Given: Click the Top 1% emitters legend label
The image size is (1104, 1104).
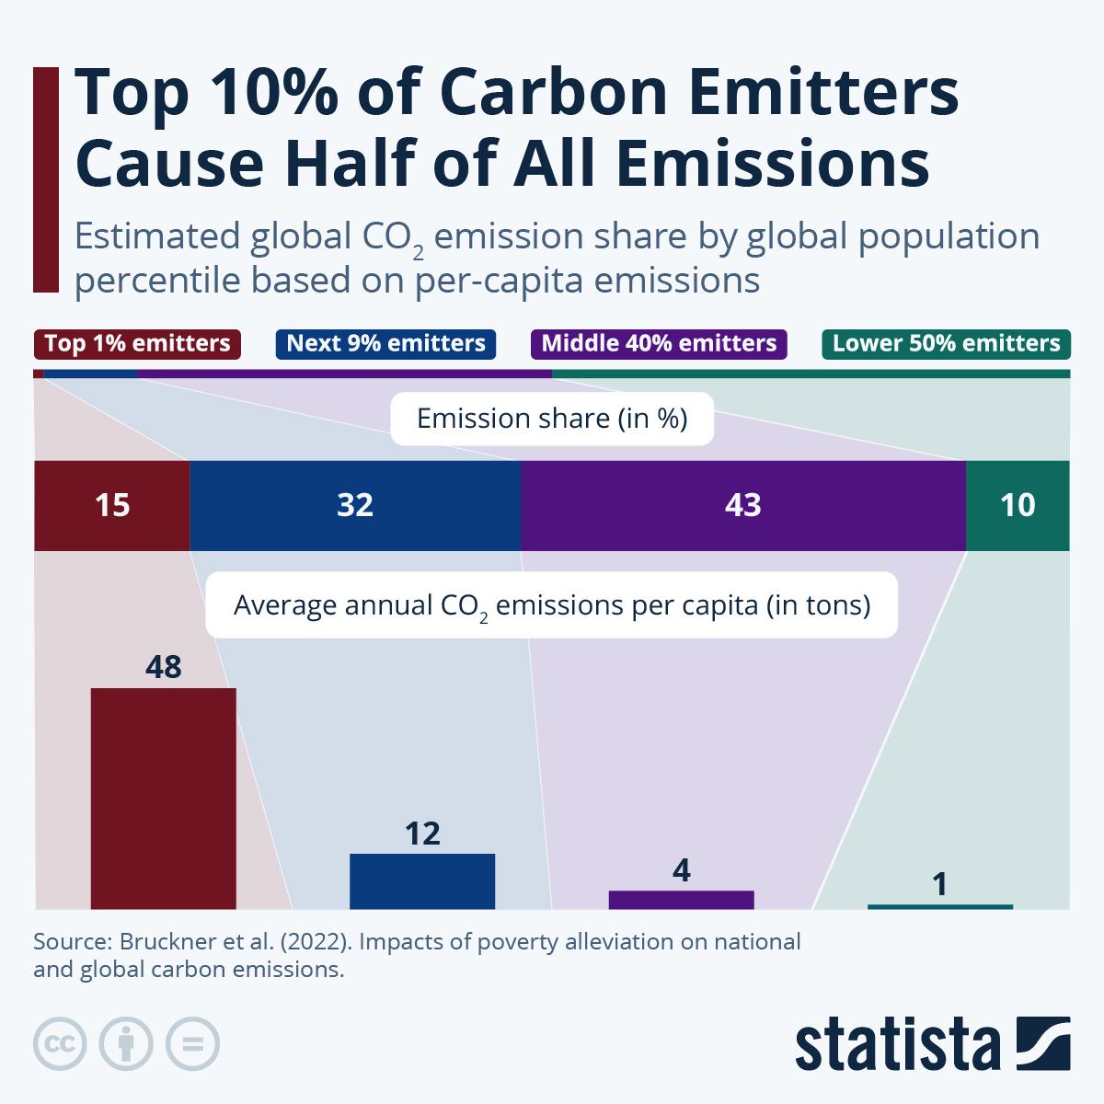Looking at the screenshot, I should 137,344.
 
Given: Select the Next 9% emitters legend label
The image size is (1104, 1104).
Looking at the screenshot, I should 385,344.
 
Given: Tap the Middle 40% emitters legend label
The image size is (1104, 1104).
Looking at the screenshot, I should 659,344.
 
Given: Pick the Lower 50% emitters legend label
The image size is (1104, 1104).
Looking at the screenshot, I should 946,344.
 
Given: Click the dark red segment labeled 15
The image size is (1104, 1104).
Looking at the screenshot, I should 111,505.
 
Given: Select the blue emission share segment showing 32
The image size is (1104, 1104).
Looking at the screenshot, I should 355,505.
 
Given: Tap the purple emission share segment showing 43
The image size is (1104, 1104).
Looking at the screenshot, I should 743,505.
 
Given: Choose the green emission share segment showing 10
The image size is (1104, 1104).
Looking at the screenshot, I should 1018,505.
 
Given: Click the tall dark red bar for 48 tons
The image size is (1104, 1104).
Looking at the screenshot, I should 163,798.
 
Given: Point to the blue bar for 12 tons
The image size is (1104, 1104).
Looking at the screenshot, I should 422,880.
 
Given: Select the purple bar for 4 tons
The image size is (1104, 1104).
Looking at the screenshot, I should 681,899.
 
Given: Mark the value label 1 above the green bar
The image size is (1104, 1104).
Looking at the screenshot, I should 939,885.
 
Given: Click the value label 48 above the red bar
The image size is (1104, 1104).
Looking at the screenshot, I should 163,667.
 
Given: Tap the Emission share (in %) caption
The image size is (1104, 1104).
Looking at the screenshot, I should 552,420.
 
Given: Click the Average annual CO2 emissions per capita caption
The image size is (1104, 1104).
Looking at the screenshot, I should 552,606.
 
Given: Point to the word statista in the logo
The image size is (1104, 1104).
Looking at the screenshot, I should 898,1044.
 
